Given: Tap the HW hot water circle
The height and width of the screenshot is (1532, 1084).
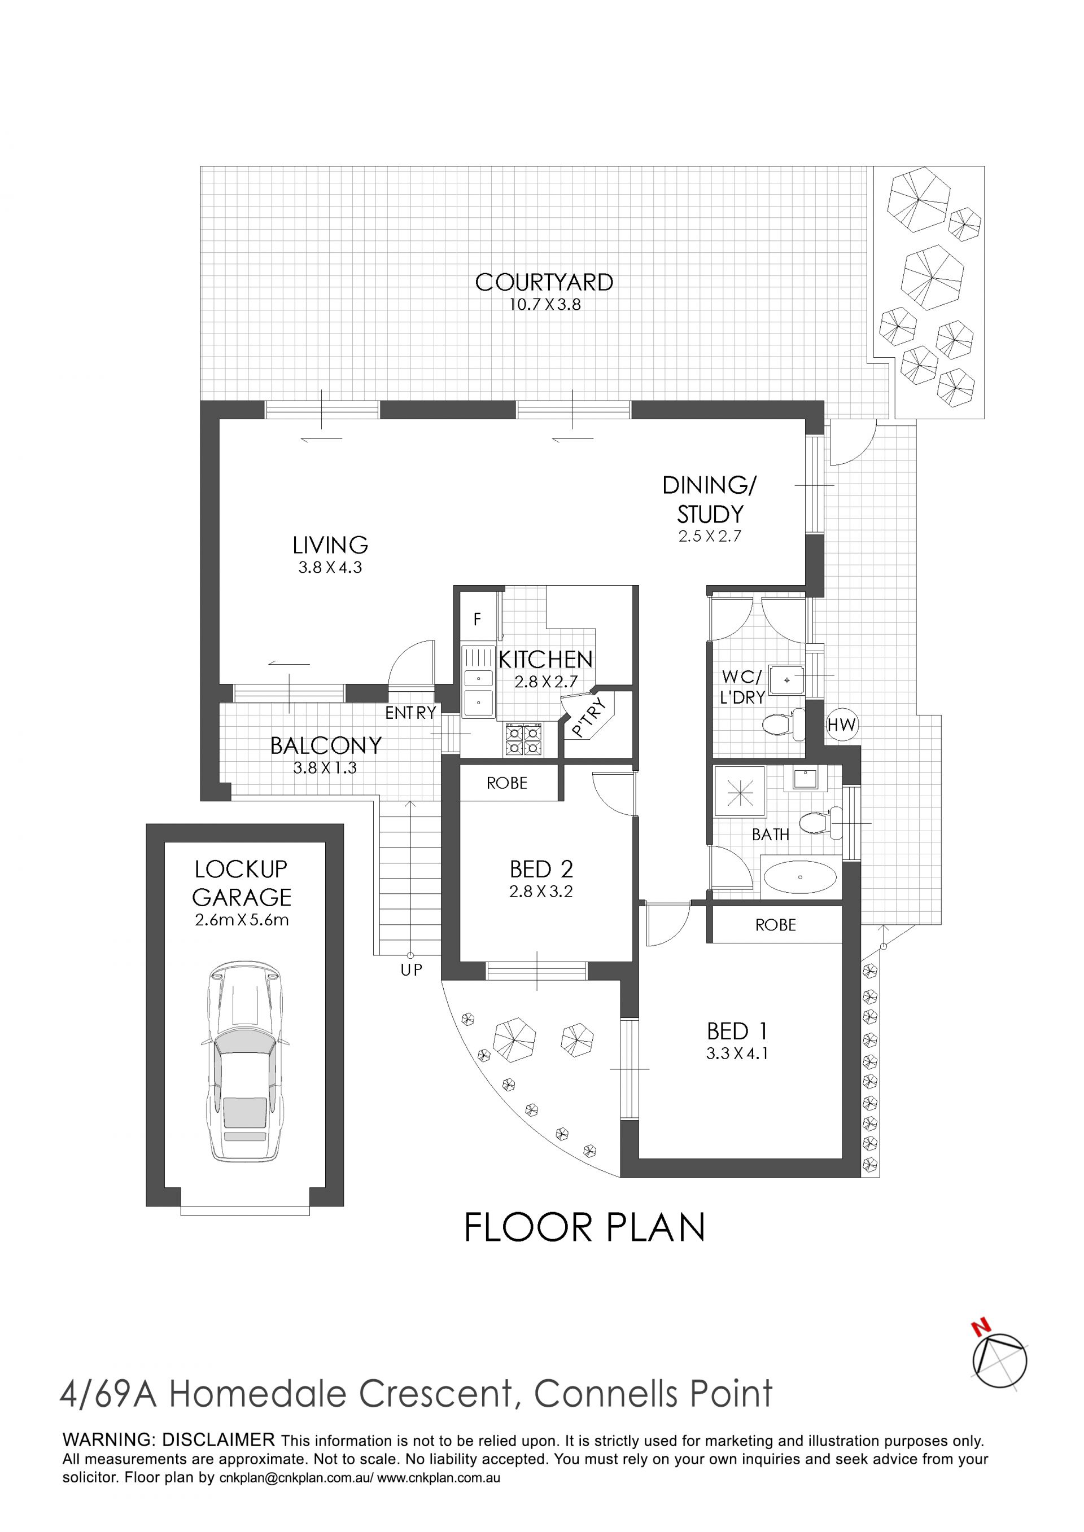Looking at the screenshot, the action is [x=842, y=725].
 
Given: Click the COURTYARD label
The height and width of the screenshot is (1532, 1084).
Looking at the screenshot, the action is [x=544, y=282].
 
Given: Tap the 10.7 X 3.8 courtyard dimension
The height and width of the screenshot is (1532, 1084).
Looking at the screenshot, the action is [x=545, y=305].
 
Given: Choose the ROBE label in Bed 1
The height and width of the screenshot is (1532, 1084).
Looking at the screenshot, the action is [x=776, y=925].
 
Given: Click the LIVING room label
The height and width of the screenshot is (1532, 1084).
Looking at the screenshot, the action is [x=330, y=545].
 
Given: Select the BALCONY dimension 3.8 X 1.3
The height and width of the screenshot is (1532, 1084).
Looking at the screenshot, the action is [x=325, y=768].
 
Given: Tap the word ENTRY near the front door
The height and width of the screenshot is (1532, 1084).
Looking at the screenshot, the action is [x=410, y=713].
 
